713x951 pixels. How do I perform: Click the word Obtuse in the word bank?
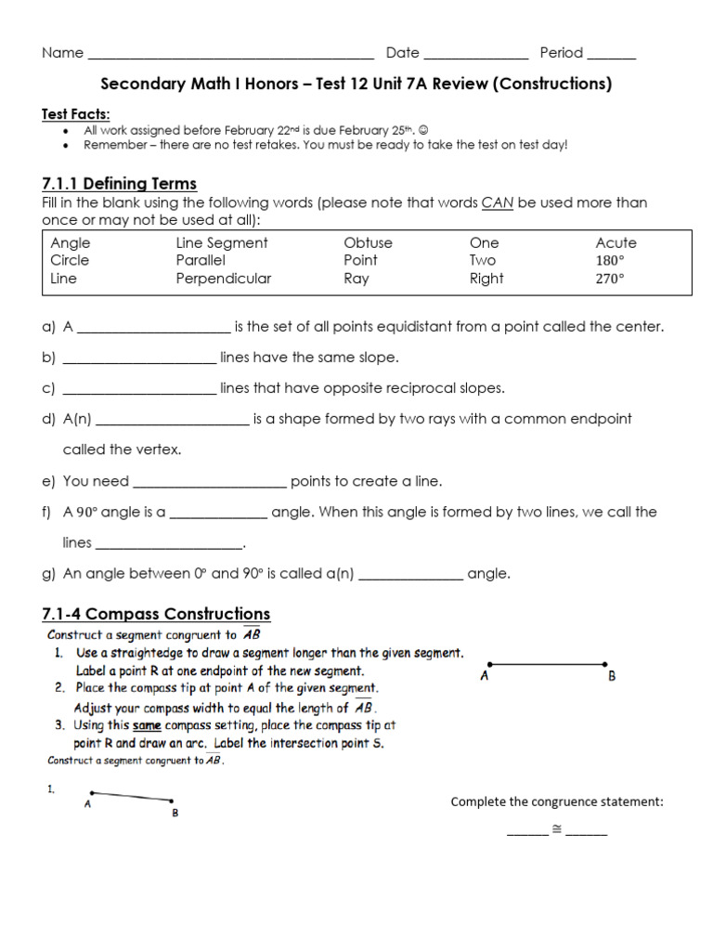tap(368, 243)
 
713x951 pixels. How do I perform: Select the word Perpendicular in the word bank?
tap(224, 279)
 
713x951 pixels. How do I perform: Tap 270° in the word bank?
tap(610, 279)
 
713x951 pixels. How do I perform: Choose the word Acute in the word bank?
tap(616, 243)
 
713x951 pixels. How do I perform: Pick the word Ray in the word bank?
tap(356, 279)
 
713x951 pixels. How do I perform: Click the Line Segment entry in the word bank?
tap(222, 243)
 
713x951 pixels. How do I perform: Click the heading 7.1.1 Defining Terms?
tap(120, 184)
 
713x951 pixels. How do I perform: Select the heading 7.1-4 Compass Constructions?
tap(156, 614)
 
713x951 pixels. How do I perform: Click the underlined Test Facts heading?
tap(76, 114)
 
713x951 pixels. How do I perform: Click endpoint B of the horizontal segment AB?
tap(605, 664)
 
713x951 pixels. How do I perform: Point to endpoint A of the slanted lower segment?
tap(91, 793)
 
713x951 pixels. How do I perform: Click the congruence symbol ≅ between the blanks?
tap(557, 829)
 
